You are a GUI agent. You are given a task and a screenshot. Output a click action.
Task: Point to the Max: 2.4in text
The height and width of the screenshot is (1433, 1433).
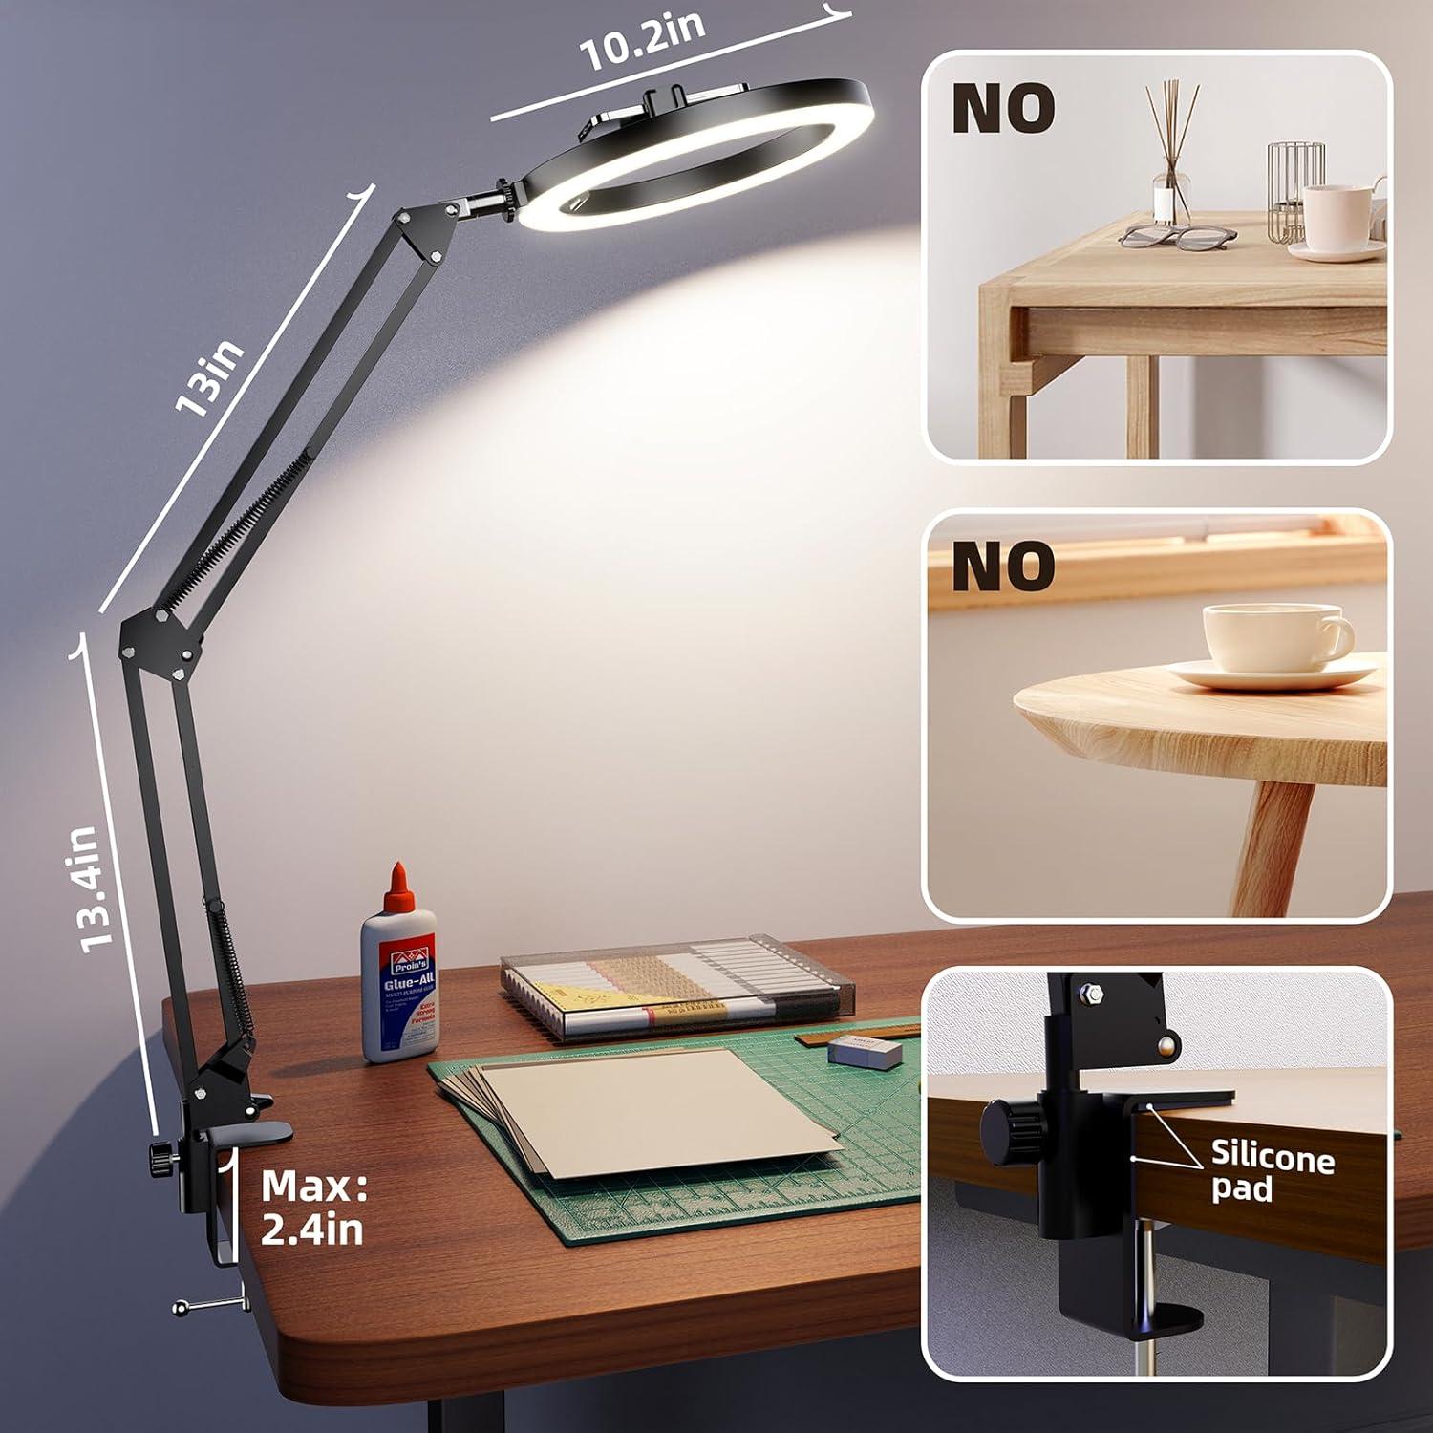313,1208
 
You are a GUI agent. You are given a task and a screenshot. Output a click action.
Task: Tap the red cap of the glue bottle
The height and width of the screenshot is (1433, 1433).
398,883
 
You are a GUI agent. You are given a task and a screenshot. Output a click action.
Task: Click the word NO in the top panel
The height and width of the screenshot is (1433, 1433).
1003,108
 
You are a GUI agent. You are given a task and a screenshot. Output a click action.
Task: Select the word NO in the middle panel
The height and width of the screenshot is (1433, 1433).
1003,566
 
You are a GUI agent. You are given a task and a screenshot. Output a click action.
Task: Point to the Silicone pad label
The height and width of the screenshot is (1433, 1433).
1272,1170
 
